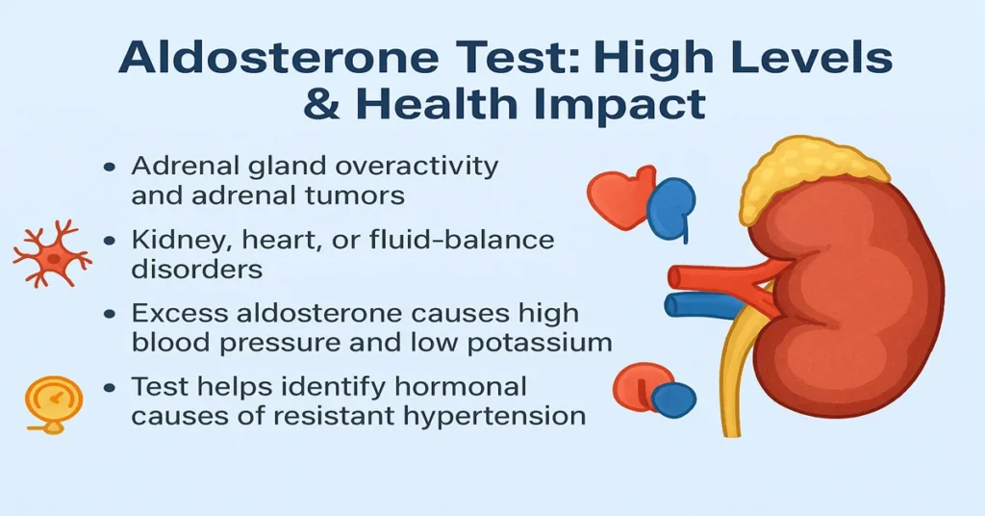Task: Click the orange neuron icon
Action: pyautogui.click(x=50, y=252)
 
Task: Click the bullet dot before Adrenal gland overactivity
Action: pyautogui.click(x=110, y=167)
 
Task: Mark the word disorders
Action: pyautogui.click(x=196, y=270)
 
